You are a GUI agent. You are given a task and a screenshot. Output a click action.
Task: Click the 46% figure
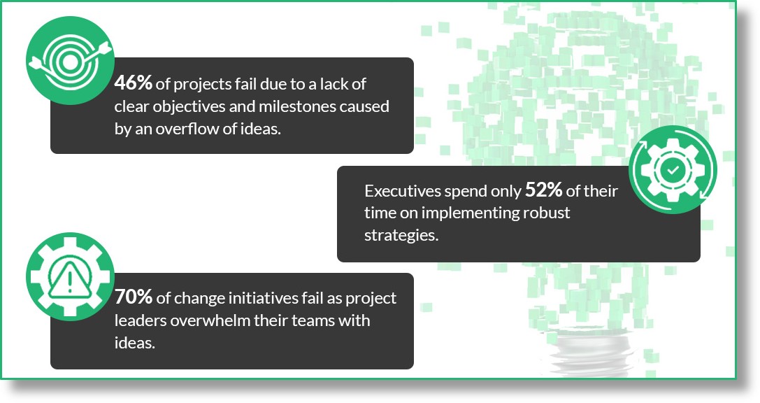(x=134, y=83)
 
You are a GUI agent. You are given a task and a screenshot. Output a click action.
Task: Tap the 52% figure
(x=543, y=190)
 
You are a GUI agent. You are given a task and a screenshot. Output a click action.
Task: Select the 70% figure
(x=134, y=297)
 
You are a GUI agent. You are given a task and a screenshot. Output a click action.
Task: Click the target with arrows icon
(x=71, y=61)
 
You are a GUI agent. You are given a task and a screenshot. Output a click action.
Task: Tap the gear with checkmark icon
(x=673, y=170)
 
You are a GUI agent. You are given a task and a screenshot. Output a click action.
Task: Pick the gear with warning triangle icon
(x=71, y=276)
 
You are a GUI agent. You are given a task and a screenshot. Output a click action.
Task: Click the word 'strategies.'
(x=401, y=235)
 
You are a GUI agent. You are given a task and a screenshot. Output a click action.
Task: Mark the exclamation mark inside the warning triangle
(x=70, y=281)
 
